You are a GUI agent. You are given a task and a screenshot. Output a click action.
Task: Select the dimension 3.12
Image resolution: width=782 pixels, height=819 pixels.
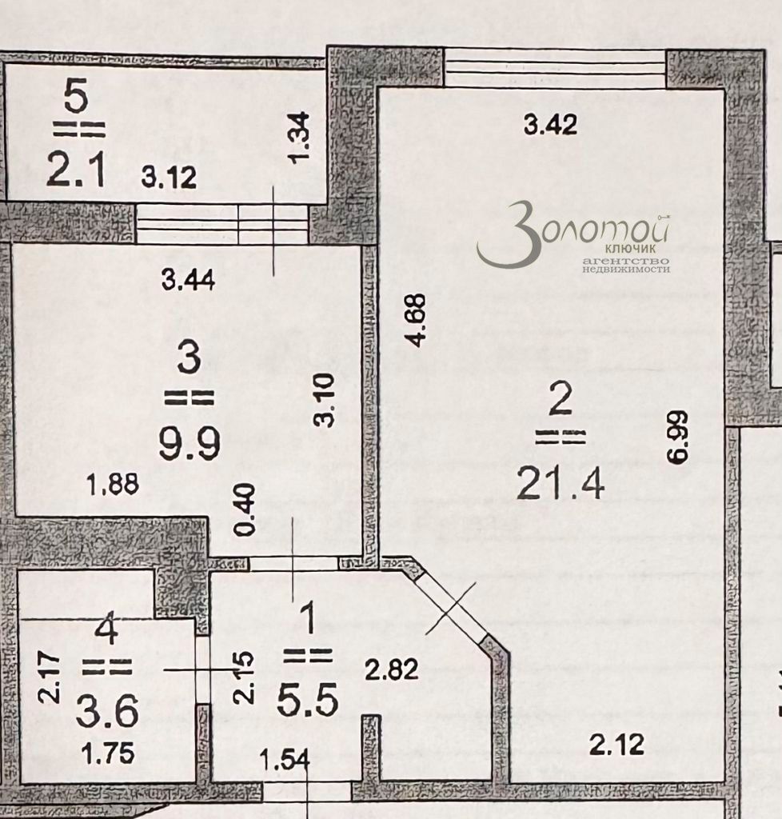169,178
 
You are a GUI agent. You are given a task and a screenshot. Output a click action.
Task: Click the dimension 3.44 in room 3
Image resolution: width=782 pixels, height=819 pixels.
187,280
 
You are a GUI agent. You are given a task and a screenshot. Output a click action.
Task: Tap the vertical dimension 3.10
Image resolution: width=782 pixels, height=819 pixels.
324,401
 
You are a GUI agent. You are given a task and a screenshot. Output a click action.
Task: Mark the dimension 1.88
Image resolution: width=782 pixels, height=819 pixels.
113,484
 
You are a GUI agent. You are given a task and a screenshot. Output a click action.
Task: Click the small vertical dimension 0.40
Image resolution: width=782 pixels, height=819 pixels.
247,509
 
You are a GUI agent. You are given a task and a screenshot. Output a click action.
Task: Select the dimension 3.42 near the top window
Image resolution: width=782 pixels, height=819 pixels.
550,125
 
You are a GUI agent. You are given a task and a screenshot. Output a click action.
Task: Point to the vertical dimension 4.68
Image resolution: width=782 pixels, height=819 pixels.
417,319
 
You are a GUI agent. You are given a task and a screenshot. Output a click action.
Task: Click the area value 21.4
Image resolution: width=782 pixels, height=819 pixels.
560,482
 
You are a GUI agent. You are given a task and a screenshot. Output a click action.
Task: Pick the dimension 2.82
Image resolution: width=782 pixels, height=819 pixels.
392,669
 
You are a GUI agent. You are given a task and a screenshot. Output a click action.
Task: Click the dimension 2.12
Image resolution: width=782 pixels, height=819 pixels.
616,745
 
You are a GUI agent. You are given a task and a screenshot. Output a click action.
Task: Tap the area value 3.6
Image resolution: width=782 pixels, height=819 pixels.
107,710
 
